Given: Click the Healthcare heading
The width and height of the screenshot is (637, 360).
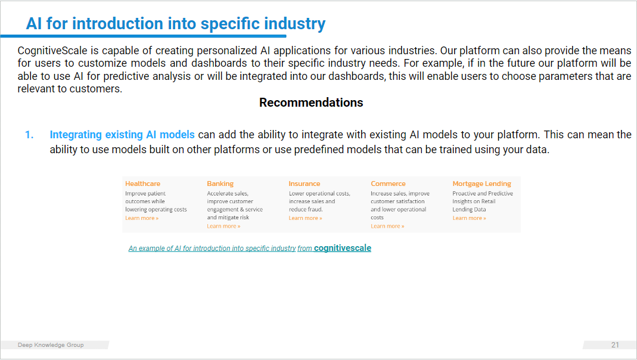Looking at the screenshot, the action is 142,184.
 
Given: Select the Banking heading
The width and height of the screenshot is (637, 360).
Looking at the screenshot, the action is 220,184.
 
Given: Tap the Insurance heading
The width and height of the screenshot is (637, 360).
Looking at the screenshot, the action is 304,184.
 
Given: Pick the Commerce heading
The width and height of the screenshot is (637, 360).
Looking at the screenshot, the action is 388,184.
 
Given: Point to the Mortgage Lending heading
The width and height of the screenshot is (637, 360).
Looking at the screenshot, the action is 482,184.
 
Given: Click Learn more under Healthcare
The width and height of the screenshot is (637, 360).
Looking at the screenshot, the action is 142,218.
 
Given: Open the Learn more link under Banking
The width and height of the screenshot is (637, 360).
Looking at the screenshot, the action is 223,226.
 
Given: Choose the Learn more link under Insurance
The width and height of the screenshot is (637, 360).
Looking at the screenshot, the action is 305,218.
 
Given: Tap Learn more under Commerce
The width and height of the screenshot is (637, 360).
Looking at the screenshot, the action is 387,226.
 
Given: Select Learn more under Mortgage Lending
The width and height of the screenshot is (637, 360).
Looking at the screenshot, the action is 469,218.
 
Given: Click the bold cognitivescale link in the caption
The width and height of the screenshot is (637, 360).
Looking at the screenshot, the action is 343,248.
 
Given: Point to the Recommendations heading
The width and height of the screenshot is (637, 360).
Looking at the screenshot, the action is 311,103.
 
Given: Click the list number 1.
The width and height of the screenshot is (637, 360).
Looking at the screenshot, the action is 29,135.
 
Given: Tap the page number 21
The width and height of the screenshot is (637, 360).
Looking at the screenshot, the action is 615,345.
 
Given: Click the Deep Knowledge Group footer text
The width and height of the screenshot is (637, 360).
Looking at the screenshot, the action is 51,345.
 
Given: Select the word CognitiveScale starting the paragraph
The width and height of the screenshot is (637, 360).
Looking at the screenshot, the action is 52,51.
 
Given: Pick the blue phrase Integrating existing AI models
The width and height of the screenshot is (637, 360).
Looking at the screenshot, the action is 122,135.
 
